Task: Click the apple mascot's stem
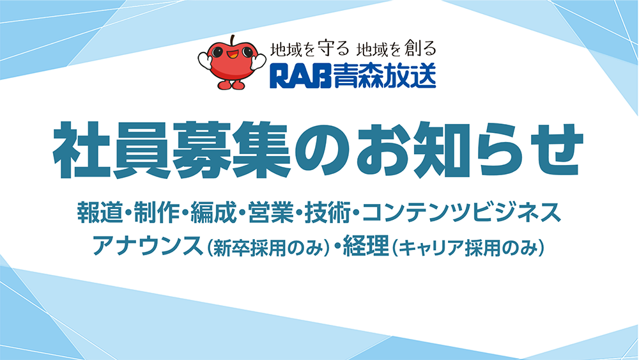pyautogui.click(x=233, y=40)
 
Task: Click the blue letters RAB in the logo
pyautogui.click(x=300, y=76)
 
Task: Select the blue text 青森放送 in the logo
pyautogui.click(x=384, y=76)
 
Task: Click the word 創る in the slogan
pyautogui.click(x=420, y=49)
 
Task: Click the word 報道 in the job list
pyautogui.click(x=100, y=212)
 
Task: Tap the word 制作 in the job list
pyautogui.click(x=157, y=212)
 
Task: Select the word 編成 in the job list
pyautogui.click(x=213, y=212)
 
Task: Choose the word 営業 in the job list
pyautogui.click(x=270, y=212)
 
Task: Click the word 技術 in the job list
pyautogui.click(x=328, y=212)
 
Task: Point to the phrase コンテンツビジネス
pyautogui.click(x=461, y=212)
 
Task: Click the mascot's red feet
pyautogui.click(x=231, y=84)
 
